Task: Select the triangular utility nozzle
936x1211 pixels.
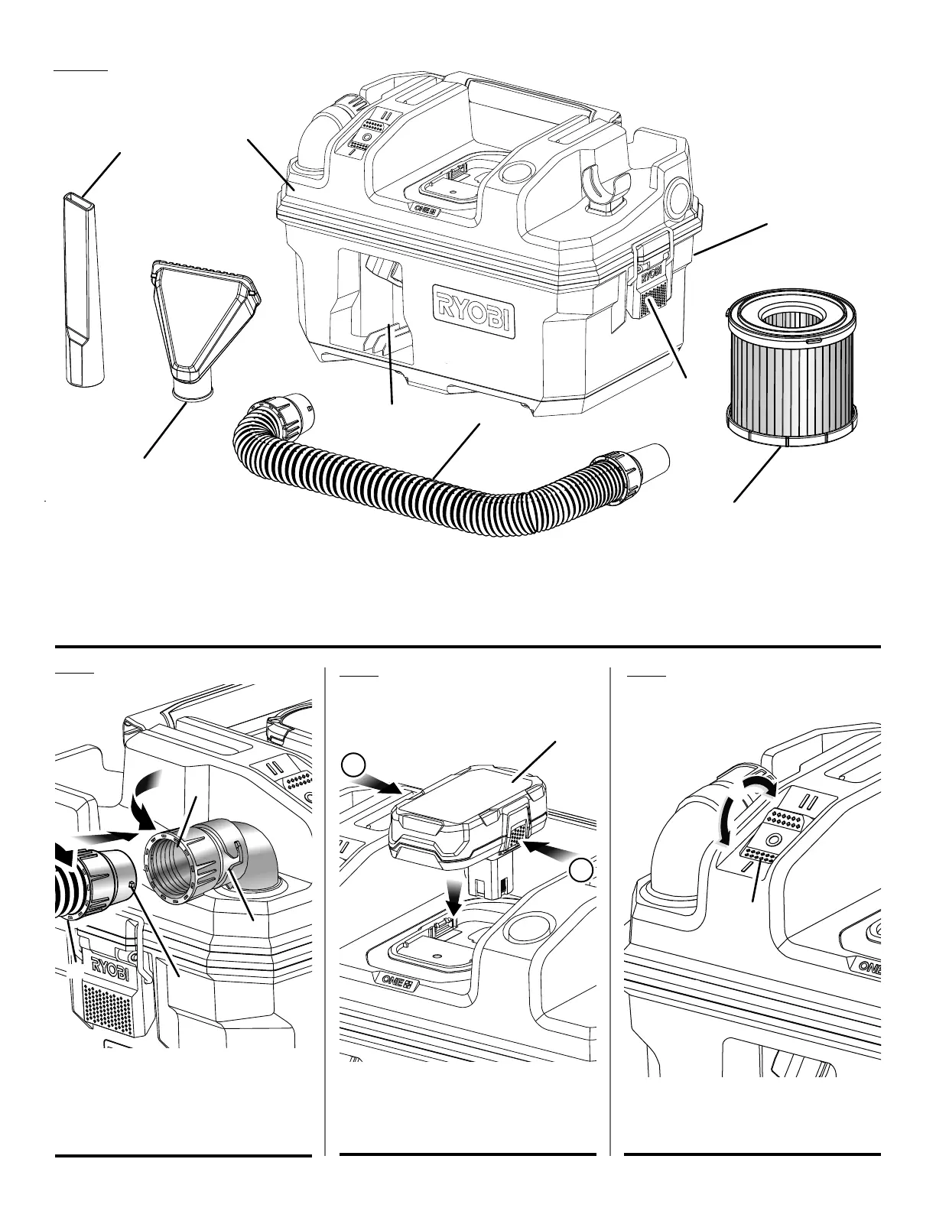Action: pyautogui.click(x=205, y=321)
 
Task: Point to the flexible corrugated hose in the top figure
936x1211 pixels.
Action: pyautogui.click(x=428, y=489)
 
